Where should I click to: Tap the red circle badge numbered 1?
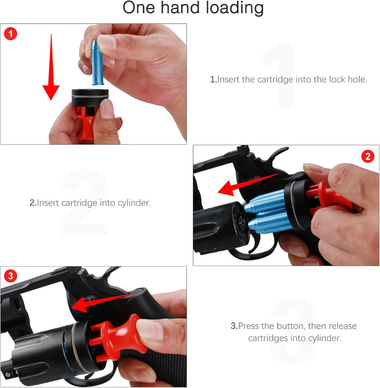point(10,34)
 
